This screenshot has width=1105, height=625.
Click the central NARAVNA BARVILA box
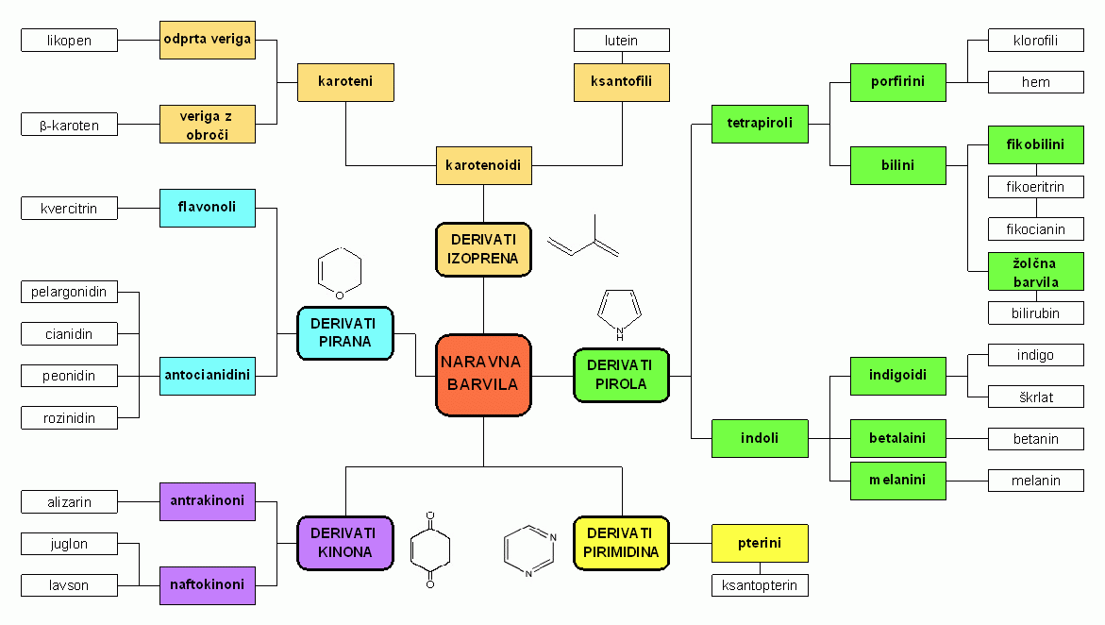(483, 375)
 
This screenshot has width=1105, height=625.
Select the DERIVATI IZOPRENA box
(483, 249)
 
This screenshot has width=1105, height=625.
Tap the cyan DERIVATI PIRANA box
(345, 333)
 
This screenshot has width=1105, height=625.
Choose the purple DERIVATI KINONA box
(345, 543)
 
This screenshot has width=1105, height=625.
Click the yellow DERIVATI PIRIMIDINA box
(621, 543)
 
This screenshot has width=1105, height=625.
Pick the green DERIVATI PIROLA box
(621, 375)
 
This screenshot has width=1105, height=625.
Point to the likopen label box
(69, 41)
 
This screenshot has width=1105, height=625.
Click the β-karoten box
(69, 125)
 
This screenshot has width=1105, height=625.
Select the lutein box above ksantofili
(622, 41)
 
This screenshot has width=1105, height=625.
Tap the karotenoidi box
(483, 165)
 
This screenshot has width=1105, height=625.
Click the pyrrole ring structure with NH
(619, 313)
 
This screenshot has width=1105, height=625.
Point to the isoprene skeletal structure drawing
(583, 237)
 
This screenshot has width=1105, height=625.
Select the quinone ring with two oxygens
(430, 549)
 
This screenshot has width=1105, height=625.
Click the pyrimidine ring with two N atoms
(530, 550)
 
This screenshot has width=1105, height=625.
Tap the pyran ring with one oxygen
(340, 273)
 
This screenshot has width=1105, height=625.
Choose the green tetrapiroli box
(760, 124)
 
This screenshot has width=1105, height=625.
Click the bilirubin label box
(1036, 313)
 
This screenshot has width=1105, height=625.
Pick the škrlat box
(1036, 397)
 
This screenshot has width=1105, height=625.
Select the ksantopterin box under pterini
(760, 584)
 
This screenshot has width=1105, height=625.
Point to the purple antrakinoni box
(208, 500)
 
